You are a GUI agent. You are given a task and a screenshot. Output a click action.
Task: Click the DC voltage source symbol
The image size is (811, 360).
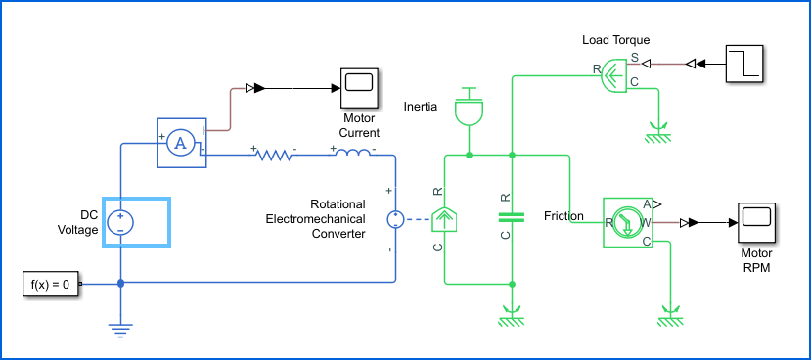tap(120, 222)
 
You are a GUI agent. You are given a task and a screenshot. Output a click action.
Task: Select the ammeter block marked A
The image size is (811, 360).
tap(182, 143)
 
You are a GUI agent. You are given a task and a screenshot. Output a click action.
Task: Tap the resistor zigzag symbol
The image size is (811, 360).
tap(274, 155)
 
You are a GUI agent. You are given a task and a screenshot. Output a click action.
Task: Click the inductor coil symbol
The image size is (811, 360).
tap(352, 153)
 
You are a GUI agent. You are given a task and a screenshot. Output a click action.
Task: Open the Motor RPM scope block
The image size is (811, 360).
tap(756, 222)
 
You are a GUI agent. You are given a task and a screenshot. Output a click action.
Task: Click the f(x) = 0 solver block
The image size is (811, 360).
tap(51, 284)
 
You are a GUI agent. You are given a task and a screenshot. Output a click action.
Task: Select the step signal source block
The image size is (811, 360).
tap(744, 64)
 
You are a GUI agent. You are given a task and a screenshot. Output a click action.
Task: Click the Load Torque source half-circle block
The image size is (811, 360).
tap(614, 75)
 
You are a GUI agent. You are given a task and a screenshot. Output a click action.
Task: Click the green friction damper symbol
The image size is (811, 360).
tap(512, 217)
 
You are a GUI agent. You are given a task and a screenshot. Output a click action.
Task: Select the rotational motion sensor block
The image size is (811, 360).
tap(627, 222)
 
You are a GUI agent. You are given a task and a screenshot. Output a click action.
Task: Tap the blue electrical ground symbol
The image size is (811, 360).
tap(120, 331)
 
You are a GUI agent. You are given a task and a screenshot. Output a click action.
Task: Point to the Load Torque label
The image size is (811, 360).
tap(616, 40)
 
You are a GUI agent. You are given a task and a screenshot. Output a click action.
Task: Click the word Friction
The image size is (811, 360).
tap(563, 216)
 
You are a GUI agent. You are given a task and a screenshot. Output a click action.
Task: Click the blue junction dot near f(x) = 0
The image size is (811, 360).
tap(120, 284)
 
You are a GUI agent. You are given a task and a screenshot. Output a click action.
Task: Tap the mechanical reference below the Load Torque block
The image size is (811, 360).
tap(658, 132)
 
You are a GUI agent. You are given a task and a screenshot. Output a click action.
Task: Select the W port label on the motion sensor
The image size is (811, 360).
tap(646, 223)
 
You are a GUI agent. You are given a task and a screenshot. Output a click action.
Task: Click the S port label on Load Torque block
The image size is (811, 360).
tap(634, 57)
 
